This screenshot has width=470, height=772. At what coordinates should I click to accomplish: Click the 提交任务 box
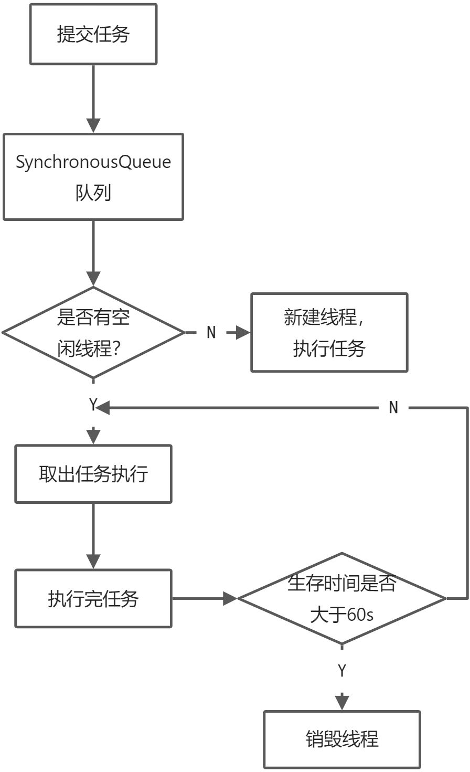(93, 34)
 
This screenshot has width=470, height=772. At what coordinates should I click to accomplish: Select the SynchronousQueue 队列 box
(93, 177)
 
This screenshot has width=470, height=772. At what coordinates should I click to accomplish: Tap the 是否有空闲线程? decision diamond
(93, 333)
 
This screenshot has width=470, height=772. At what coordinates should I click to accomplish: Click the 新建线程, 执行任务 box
(329, 333)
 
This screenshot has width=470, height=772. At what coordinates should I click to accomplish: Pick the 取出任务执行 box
(93, 474)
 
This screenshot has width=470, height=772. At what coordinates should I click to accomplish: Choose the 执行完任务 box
(93, 599)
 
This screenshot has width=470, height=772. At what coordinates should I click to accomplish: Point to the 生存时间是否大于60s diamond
(342, 599)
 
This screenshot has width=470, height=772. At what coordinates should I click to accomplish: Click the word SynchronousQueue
(93, 162)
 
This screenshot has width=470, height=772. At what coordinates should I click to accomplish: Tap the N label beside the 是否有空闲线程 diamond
(211, 333)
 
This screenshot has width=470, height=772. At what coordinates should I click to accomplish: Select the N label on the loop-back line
(393, 407)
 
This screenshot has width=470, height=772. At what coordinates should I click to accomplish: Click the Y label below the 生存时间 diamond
(342, 671)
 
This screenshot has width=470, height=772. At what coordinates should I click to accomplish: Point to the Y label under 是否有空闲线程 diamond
(93, 404)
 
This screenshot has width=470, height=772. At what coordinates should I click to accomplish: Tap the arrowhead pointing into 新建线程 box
(243, 333)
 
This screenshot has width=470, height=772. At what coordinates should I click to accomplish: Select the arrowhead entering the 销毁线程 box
(342, 703)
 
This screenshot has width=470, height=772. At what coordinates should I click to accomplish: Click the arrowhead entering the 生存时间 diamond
(230, 599)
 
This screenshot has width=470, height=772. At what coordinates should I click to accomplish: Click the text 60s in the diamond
(360, 615)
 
